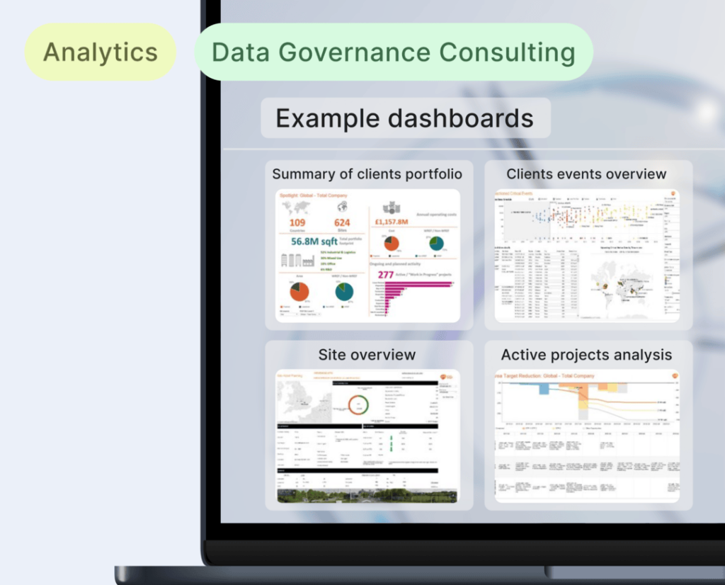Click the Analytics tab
(x=100, y=52)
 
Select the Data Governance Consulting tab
(x=393, y=52)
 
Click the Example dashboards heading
(x=404, y=118)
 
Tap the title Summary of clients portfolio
(x=367, y=174)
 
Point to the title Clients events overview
(x=586, y=174)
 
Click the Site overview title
(x=367, y=355)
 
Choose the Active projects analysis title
(x=586, y=355)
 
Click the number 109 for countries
(x=297, y=223)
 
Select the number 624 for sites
(x=342, y=223)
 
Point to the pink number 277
(x=386, y=274)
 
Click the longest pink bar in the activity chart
(x=418, y=284)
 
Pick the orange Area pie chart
(x=299, y=292)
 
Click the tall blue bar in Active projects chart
(x=544, y=389)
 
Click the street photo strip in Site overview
(x=367, y=496)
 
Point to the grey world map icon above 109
(x=296, y=208)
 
